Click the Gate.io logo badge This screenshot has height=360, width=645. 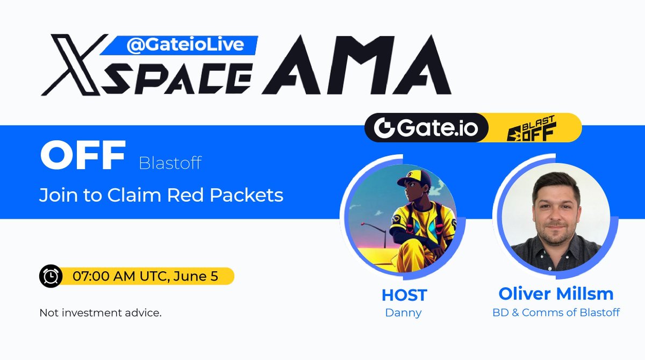click(x=426, y=128)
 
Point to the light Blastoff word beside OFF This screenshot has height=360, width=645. click(x=170, y=163)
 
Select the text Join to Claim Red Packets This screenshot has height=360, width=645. click(x=161, y=195)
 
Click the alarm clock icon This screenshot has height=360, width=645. click(x=51, y=276)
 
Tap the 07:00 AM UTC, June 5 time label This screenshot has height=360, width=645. click(x=148, y=276)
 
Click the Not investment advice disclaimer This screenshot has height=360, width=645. click(x=101, y=313)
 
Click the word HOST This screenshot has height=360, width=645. click(x=404, y=295)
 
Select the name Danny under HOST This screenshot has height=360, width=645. click(x=403, y=313)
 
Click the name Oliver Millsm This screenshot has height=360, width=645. click(x=556, y=294)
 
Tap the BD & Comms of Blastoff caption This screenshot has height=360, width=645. click(x=556, y=312)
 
